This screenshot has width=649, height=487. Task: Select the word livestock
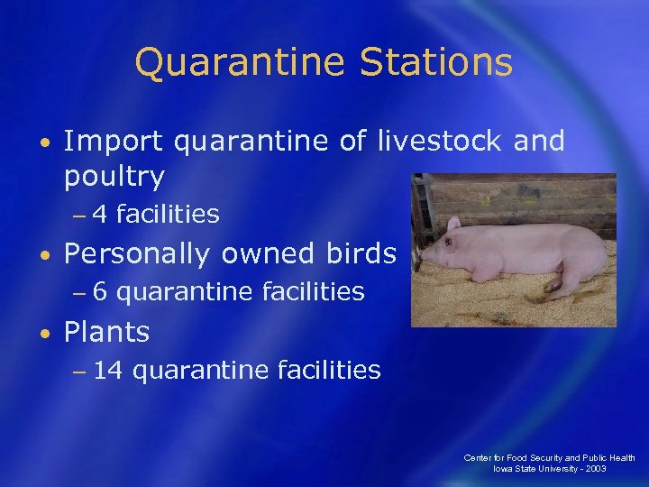click(x=436, y=141)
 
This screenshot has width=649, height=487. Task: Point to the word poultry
click(x=114, y=177)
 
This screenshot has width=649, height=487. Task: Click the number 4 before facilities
click(x=99, y=215)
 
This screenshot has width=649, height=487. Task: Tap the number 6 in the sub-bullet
click(x=99, y=292)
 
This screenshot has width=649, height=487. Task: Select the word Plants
click(x=106, y=332)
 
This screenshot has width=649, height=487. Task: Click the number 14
click(x=108, y=370)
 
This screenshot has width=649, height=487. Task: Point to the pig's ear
click(x=453, y=223)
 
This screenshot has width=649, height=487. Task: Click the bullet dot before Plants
click(x=44, y=334)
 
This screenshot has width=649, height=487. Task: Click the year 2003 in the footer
click(x=595, y=469)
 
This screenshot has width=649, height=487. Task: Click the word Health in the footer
click(x=619, y=458)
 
